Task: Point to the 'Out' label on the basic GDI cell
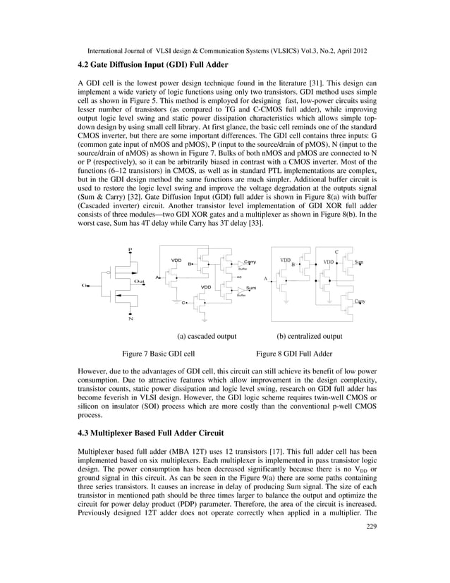click(140, 281)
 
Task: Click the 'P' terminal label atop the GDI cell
click(129, 249)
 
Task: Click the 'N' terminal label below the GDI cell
click(130, 319)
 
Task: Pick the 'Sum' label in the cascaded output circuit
click(251, 289)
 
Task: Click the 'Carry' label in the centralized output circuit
click(360, 301)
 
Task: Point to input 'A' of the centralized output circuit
click(265, 279)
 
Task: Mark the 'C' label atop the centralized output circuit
click(336, 251)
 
